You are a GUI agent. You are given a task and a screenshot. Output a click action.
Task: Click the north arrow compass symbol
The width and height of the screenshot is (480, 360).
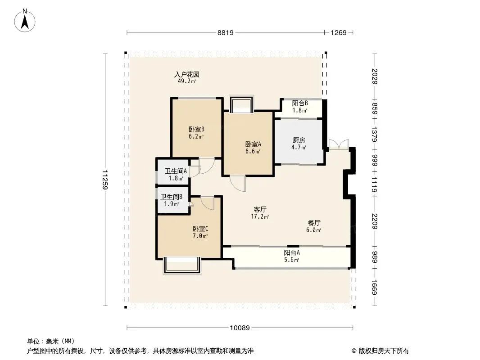tap(25, 21)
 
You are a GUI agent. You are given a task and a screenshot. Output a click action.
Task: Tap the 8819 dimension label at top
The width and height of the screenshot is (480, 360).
tap(226, 33)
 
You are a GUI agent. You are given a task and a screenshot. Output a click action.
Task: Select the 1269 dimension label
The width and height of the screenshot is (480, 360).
tap(339, 33)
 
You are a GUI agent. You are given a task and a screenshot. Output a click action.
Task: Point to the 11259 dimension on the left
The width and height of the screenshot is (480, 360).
tap(105, 180)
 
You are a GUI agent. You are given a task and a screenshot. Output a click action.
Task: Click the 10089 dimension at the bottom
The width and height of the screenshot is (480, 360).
tap(240, 328)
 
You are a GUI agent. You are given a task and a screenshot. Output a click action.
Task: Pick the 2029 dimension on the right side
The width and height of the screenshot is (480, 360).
tap(375, 76)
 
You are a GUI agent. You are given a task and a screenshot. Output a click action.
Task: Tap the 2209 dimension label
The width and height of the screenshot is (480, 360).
tap(375, 221)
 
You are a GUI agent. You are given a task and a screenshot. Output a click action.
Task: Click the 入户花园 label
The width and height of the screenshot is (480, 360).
tap(187, 74)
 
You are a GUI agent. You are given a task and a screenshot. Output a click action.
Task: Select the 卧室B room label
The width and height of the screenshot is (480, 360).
tap(196, 130)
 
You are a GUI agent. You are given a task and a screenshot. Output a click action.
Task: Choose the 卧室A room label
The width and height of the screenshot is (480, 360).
tap(253, 144)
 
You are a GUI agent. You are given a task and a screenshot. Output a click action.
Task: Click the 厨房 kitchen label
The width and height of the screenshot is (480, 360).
tap(299, 140)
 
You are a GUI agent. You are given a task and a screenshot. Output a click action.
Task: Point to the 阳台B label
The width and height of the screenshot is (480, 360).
tap(300, 103)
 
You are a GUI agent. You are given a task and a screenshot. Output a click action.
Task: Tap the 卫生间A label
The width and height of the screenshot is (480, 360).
tap(176, 171)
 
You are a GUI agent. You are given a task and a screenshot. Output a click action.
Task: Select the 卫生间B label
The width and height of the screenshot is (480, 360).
tap(172, 197)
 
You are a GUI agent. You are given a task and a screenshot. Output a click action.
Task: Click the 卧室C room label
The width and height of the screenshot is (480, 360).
tap(200, 229)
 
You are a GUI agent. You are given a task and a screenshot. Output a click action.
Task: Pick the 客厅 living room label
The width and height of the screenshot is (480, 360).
tap(260, 210)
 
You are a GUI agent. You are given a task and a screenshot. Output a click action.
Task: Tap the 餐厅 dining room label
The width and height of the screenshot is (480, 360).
tap(314, 223)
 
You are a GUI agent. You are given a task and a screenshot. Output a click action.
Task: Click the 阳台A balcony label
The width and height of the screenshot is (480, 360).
tap(292, 252)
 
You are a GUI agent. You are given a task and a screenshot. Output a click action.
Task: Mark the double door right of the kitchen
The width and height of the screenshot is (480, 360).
tap(339, 144)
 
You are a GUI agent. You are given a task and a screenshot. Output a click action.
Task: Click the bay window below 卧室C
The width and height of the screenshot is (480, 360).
tap(182, 265)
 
